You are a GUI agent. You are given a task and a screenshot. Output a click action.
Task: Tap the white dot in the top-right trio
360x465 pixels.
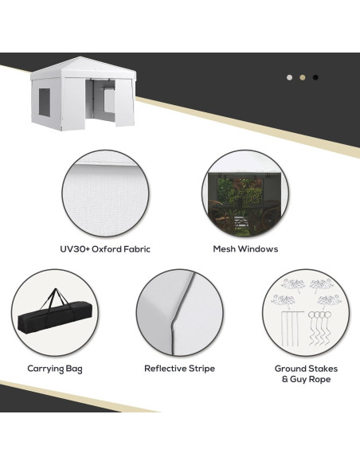(289, 77)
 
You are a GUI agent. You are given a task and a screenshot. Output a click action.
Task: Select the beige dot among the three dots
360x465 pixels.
(302, 77)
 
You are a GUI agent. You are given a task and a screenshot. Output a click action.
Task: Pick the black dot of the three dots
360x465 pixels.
(315, 77)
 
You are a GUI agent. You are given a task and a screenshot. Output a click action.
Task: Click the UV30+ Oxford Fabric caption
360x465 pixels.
(104, 249)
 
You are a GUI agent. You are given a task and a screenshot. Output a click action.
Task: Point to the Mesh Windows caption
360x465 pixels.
(245, 249)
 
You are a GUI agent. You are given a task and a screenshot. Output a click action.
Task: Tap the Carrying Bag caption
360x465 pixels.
(55, 369)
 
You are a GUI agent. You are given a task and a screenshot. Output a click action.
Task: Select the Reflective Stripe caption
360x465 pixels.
(179, 369)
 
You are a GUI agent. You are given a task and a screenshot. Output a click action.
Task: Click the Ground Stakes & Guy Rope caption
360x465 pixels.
(306, 374)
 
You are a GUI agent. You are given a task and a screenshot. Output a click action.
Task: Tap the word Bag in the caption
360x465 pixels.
(73, 369)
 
